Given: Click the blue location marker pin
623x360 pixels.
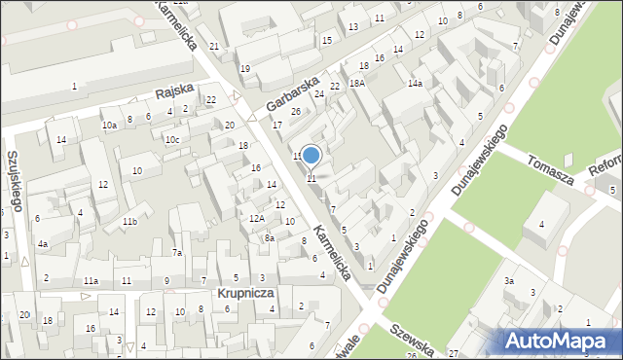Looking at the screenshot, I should pos(311,156).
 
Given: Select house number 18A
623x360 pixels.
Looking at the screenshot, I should pos(357,83).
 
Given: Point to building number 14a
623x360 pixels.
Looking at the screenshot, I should pos(415,84).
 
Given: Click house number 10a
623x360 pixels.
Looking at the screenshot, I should pos(110,125).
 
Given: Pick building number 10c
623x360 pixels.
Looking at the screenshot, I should pos(171,139).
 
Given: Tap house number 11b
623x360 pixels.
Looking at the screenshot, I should pos(129,222).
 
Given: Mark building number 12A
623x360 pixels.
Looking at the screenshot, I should pos(257,218).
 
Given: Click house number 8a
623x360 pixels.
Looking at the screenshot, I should pos(271,237).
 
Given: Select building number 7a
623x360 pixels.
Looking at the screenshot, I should pos(177,253).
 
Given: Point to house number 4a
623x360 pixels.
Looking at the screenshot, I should pos(42,244).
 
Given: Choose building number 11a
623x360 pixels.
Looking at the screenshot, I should pos(91,281).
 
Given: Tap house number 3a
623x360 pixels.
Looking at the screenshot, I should pos(508,281).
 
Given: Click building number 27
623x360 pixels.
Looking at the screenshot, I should pos(453,351).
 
